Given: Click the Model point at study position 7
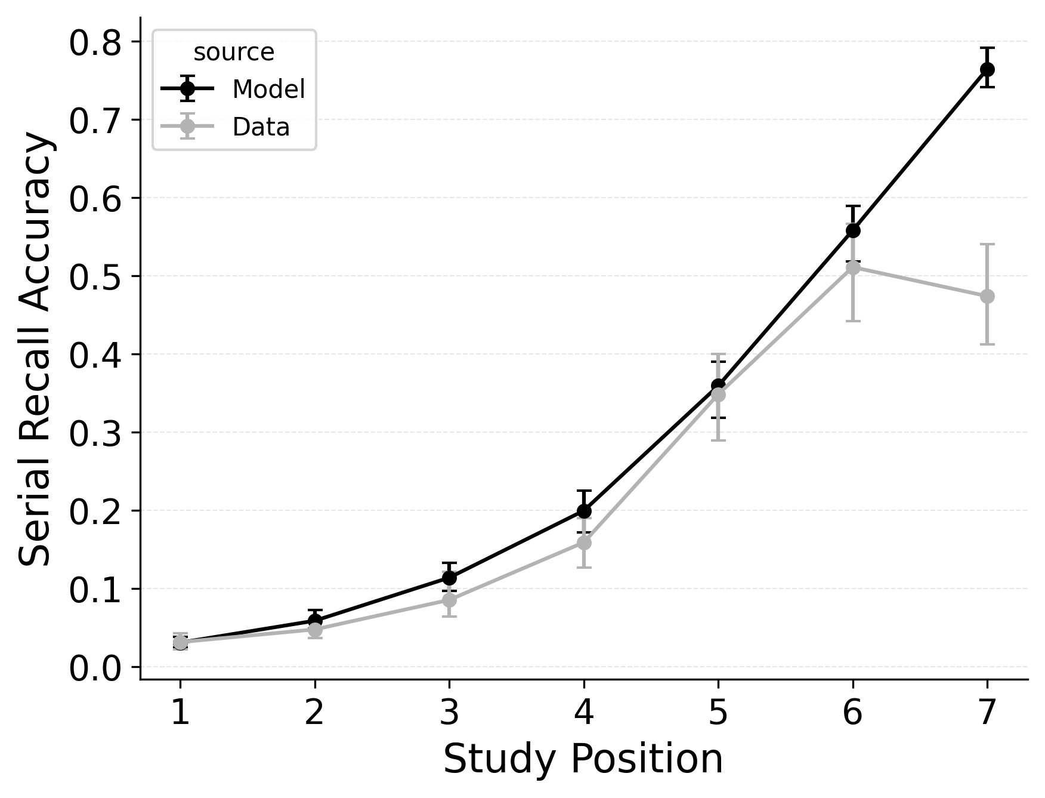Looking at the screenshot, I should coord(987,69).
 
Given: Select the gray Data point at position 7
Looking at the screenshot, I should coord(987,296).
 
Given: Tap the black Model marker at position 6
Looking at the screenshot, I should coord(853,230).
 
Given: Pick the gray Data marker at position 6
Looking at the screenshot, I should coord(853,267).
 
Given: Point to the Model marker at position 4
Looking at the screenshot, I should coord(584,511).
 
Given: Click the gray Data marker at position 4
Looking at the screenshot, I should coord(584,543).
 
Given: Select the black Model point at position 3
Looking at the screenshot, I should coord(449,578).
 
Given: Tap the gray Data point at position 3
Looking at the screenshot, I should coord(449,600).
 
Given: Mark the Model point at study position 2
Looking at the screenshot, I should coord(315,620).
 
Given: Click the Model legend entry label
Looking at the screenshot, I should coord(268,90).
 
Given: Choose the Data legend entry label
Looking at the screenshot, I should coord(261,127).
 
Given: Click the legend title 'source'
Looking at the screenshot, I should coord(234,53).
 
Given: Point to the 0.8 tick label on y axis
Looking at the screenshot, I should coord(95,43).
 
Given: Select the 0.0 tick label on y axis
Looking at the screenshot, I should coord(95,668).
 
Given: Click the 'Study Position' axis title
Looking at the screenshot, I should coord(583,759).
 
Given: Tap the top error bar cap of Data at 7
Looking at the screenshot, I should coord(987,244).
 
